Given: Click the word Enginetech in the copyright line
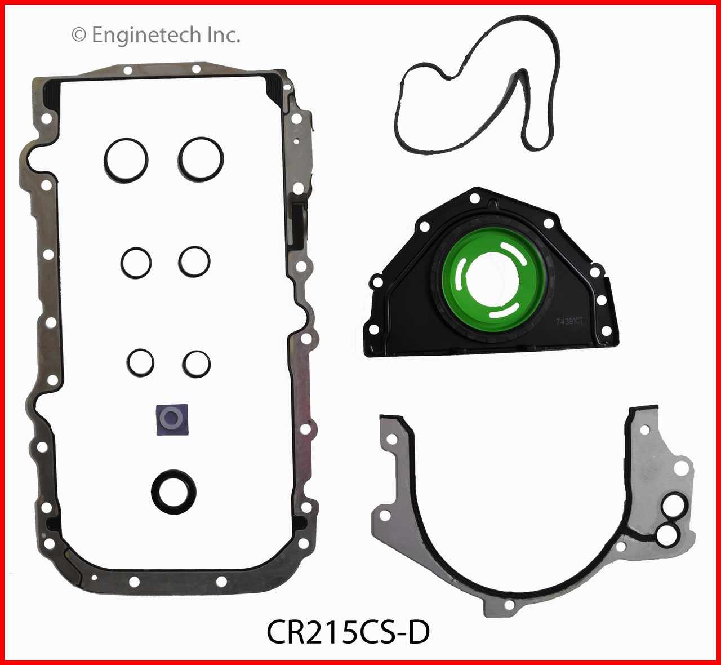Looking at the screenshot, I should tap(145, 36).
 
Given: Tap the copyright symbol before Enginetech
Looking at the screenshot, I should tap(79, 36).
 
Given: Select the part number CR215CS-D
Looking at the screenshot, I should tap(348, 632).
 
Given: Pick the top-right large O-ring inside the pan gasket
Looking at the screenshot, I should tap(202, 158).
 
